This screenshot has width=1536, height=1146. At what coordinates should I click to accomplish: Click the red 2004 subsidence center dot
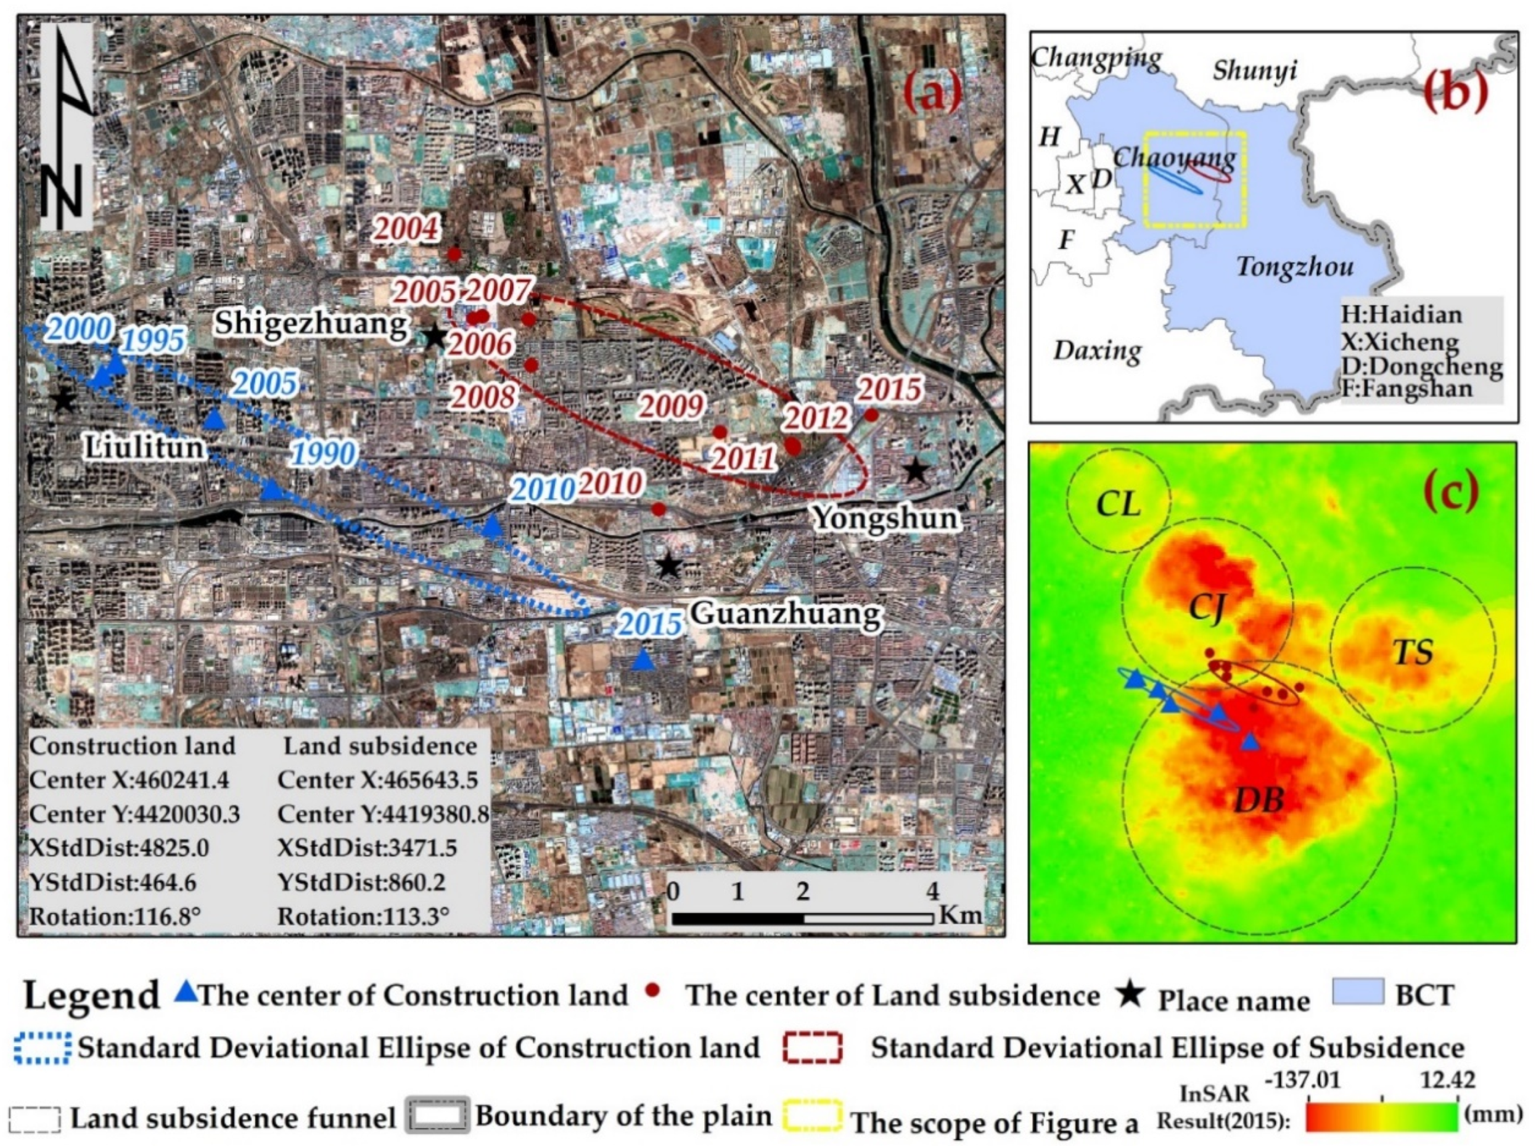click(x=454, y=254)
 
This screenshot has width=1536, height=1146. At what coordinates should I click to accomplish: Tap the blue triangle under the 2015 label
click(x=644, y=660)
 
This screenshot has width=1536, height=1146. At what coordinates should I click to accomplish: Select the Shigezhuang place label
click(x=311, y=323)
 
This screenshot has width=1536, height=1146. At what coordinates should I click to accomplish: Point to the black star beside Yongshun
click(x=916, y=471)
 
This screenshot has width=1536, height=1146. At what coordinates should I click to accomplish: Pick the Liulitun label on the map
click(x=145, y=448)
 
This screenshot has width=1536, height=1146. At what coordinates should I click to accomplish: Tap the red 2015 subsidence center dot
click(x=871, y=415)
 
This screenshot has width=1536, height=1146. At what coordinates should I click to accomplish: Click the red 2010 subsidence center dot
click(x=659, y=509)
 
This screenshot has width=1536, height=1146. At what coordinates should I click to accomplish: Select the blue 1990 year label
click(x=324, y=454)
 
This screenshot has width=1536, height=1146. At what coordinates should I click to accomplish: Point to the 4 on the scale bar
click(x=932, y=891)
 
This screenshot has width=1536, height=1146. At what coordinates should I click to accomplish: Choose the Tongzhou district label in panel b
click(x=1294, y=267)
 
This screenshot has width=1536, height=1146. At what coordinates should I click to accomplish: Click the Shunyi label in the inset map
click(x=1254, y=71)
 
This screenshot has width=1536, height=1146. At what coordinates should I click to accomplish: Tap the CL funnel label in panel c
click(x=1119, y=504)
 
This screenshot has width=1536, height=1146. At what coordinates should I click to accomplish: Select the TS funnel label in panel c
click(x=1413, y=653)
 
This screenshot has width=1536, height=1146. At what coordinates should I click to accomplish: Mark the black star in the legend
click(x=1130, y=996)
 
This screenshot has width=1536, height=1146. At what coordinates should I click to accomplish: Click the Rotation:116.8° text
click(x=115, y=917)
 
